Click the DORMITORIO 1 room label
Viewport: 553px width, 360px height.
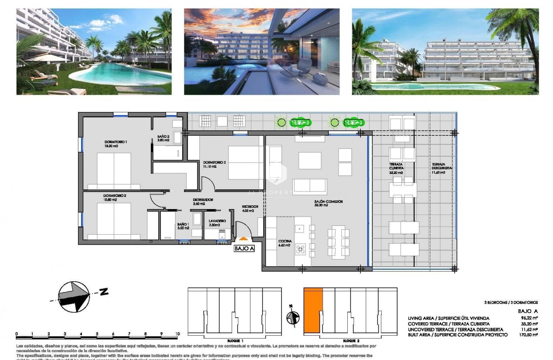(x=116, y=142)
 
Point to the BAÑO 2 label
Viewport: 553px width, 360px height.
(x=163, y=137)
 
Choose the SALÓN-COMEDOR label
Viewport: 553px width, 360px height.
(x=328, y=202)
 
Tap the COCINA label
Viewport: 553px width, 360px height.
(x=285, y=241)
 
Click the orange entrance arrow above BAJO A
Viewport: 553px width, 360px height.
(x=243, y=238)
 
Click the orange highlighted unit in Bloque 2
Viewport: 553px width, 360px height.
(x=313, y=309)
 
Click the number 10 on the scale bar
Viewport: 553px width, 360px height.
(x=178, y=334)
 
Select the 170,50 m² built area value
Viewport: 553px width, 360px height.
(x=530, y=335)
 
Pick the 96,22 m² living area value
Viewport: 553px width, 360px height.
(x=530, y=319)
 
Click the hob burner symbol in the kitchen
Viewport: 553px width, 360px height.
(x=300, y=249)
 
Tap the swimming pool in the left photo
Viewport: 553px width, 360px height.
(x=115, y=75)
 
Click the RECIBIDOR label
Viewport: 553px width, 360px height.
(x=250, y=207)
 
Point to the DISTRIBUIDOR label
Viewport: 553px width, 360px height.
(x=203, y=200)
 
